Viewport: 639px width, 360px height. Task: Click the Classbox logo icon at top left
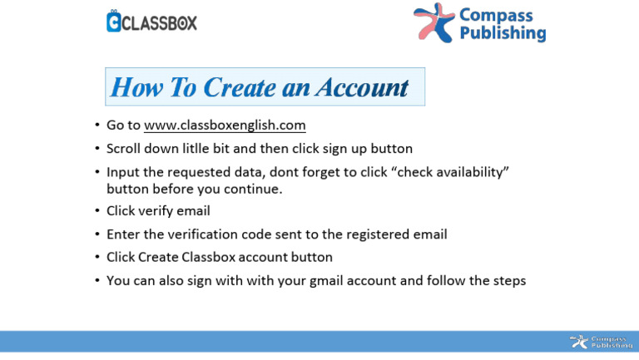coord(114,22)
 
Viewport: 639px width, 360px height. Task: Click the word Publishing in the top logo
coord(503,34)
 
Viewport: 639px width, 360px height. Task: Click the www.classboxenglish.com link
coord(225,126)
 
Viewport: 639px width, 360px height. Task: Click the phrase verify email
coord(175,211)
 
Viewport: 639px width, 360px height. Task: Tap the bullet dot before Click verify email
coord(97,211)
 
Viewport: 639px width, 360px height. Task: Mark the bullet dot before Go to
coord(97,126)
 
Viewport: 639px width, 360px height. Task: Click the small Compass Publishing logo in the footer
coord(594,342)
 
